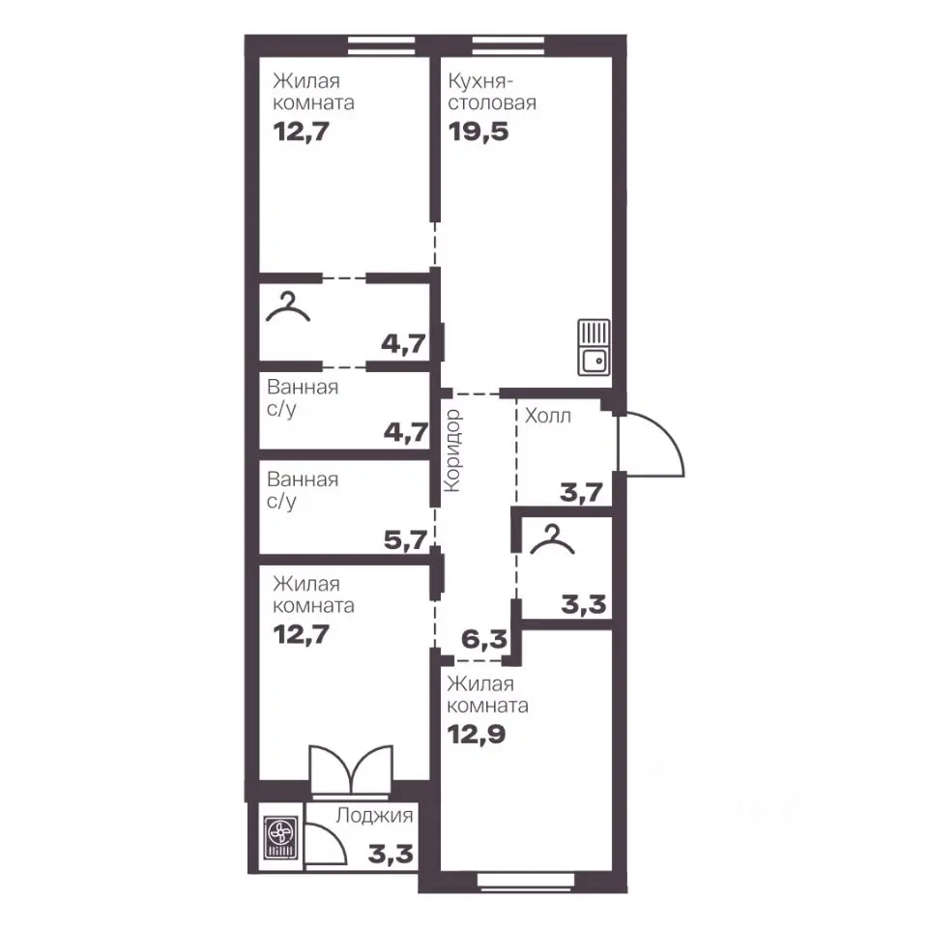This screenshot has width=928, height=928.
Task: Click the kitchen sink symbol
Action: [x=594, y=347]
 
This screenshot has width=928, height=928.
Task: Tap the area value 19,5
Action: [x=478, y=131]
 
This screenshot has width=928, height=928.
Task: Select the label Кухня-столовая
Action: [x=492, y=92]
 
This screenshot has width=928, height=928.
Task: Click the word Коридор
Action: [x=453, y=450]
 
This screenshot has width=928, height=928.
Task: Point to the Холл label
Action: [x=548, y=416]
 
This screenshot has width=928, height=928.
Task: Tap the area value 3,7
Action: [x=582, y=492]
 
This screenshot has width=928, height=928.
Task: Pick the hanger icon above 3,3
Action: [x=552, y=539]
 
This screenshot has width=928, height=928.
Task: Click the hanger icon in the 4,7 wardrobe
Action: [x=288, y=306]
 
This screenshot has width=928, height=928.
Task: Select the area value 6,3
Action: [x=484, y=639]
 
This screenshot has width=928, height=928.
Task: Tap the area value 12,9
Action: [x=477, y=735]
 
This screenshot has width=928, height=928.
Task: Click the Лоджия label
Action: [x=375, y=816]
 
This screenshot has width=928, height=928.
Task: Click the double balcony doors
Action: [x=352, y=768]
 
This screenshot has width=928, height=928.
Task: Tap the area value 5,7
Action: [x=405, y=539]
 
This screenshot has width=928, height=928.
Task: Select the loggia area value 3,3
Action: [x=391, y=854]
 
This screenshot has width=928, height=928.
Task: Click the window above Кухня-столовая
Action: [x=507, y=45]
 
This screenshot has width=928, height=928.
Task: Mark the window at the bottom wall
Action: [x=526, y=881]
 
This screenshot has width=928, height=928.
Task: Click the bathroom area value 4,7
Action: [x=405, y=433]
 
